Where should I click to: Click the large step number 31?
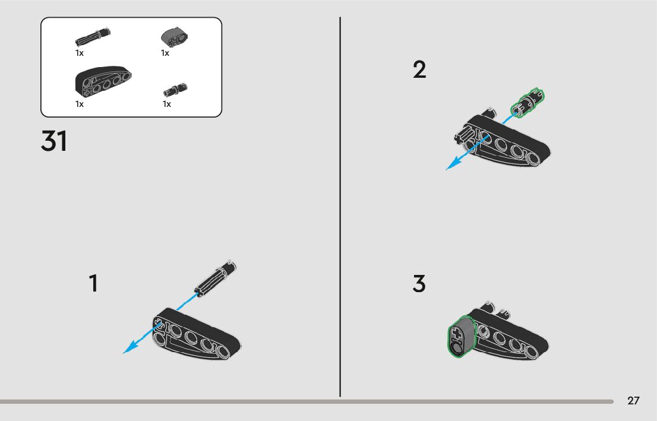coord(54,141)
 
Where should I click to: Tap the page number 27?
coord(633,400)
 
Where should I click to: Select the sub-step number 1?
coord(94,283)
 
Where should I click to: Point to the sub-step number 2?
coord(419,69)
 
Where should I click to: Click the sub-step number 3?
coord(419,284)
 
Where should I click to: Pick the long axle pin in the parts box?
coord(93,37)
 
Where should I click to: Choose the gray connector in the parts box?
coord(174,37)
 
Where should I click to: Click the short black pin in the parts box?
coord(175,90)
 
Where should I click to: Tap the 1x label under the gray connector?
coord(165,53)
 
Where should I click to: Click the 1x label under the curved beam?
coord(80,104)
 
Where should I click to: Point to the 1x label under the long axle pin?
coord(80,53)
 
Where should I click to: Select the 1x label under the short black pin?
coord(167,104)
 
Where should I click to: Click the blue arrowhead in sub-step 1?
coord(131,347)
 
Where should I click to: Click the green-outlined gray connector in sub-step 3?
coord(461,336)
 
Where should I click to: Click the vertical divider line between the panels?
coord(340,207)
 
